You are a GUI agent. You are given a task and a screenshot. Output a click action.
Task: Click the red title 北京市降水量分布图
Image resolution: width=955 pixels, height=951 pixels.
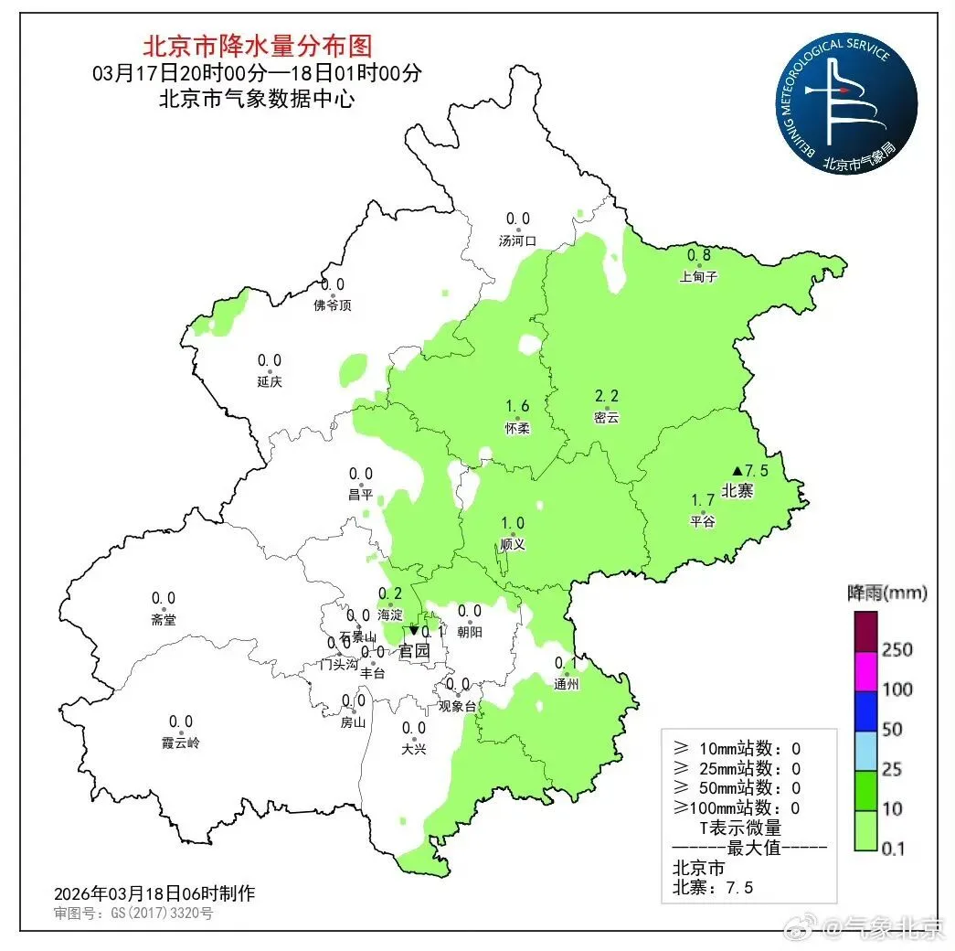tap(259, 45)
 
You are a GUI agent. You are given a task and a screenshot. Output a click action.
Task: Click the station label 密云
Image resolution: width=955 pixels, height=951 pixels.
tap(607, 417)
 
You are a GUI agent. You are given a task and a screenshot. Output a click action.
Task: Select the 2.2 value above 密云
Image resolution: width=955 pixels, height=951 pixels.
tap(607, 396)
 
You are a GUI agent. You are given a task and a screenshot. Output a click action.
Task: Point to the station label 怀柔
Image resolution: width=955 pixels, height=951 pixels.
tap(517, 427)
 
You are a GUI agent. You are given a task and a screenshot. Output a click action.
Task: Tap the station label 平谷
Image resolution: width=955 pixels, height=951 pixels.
tap(703, 521)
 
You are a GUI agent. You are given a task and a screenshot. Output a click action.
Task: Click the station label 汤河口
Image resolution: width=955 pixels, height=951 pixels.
tap(517, 241)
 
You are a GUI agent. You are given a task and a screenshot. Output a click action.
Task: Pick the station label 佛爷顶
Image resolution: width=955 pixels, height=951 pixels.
tap(332, 305)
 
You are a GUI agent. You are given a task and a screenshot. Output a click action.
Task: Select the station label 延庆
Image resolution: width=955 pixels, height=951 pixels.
tap(270, 381)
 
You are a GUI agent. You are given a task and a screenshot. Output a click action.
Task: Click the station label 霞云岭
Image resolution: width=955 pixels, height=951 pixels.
tap(180, 743)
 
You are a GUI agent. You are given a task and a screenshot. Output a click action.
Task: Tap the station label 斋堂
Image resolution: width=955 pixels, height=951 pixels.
tap(164, 620)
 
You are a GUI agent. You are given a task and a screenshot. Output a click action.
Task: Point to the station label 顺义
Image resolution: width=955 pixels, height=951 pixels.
tap(513, 544)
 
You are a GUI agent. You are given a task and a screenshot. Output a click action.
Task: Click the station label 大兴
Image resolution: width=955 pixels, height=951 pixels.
tap(414, 749)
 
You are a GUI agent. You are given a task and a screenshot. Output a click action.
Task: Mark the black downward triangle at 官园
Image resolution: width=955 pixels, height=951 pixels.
tap(413, 630)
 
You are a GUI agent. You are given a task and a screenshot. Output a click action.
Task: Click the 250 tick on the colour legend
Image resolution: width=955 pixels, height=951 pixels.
tap(897, 650)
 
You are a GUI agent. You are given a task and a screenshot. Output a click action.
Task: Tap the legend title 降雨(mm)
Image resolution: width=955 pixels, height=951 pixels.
tap(886, 593)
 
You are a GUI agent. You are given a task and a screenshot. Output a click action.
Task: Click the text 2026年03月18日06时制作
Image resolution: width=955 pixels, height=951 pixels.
tap(154, 892)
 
